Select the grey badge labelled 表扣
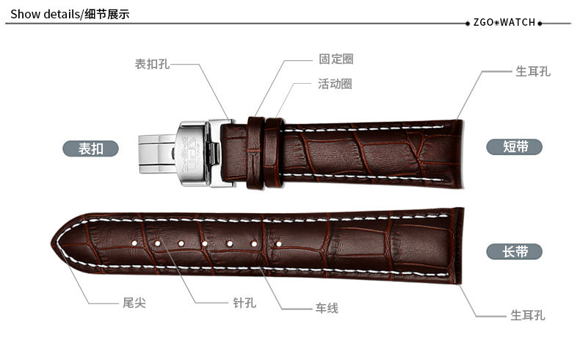[91, 148]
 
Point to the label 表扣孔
[152, 65]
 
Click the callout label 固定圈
[336, 60]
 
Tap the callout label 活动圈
[335, 84]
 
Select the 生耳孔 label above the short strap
[532, 71]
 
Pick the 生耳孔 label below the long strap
[528, 315]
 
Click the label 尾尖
[134, 303]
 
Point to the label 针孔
[244, 303]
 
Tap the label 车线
[327, 308]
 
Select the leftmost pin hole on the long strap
[137, 242]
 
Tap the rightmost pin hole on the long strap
[278, 242]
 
